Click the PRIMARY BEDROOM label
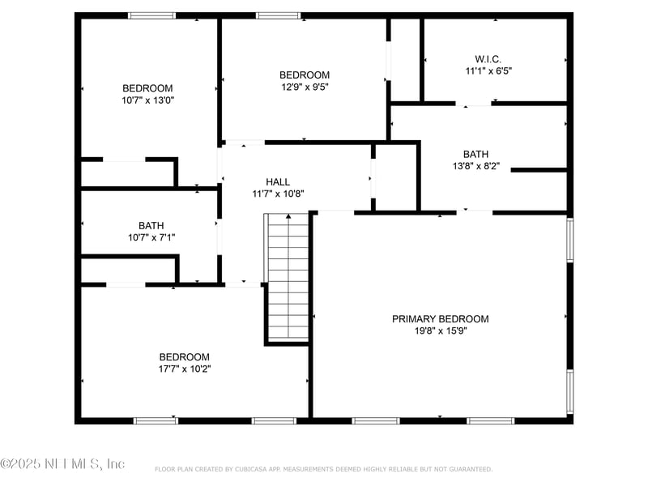[x=440, y=319]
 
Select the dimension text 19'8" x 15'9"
[x=440, y=330]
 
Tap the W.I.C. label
[x=488, y=59]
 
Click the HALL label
[x=277, y=182]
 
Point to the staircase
[x=288, y=275]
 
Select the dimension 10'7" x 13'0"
[x=147, y=100]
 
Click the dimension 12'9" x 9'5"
[x=304, y=86]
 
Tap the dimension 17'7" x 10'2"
[x=184, y=369]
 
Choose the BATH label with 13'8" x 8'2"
[x=475, y=154]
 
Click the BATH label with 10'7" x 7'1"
[x=151, y=226]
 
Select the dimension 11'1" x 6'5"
[x=488, y=70]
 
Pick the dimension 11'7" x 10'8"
[x=277, y=194]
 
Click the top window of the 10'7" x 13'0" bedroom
[x=152, y=15]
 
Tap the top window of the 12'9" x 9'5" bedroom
[x=278, y=15]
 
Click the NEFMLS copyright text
[x=62, y=464]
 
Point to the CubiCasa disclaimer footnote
[x=323, y=469]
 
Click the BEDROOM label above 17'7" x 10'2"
[x=184, y=357]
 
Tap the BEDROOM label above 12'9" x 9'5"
[x=304, y=75]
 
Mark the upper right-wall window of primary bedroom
[x=570, y=240]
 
